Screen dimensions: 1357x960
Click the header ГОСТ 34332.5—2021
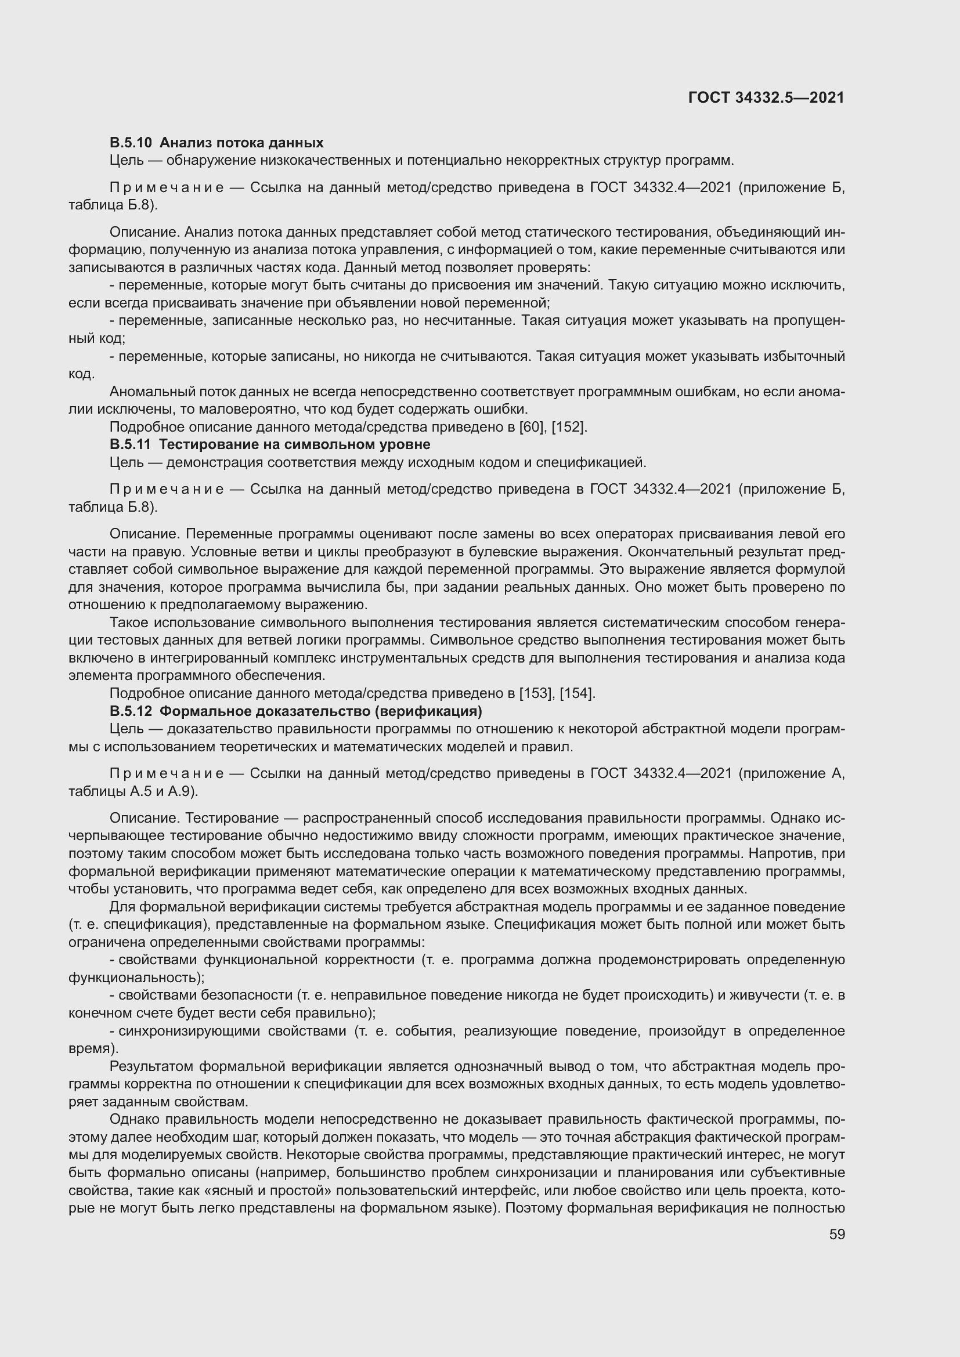tap(766, 97)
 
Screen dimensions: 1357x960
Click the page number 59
tap(836, 1234)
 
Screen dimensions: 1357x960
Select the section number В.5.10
tap(131, 143)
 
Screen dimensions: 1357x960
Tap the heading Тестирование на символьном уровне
tap(294, 444)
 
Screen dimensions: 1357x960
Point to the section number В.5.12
tap(131, 711)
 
